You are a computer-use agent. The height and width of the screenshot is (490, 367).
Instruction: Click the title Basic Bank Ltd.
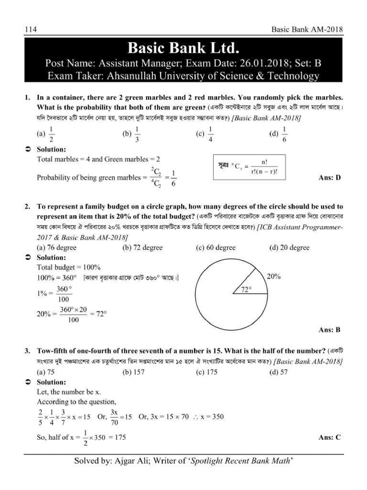tap(183, 48)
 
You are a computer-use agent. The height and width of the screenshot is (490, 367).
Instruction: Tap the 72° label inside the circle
tap(246, 290)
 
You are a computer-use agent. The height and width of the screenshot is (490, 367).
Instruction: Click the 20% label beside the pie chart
tap(274, 277)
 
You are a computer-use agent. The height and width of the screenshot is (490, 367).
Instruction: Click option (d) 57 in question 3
tap(279, 372)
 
